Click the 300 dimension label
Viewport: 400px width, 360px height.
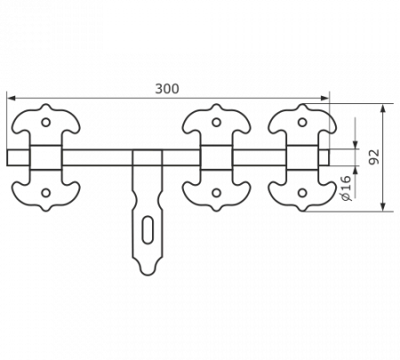(x=167, y=89)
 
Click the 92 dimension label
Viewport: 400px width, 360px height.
(x=374, y=156)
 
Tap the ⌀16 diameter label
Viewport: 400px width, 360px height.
(x=346, y=188)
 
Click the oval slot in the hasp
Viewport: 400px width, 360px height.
(x=148, y=230)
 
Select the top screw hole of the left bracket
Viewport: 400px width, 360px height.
(x=45, y=122)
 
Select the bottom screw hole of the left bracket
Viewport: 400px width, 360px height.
(x=45, y=193)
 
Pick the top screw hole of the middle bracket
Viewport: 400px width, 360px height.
(x=217, y=122)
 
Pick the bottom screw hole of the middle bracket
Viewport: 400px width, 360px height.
(x=217, y=193)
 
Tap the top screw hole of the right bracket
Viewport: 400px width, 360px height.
(x=302, y=122)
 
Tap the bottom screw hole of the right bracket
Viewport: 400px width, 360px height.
(x=302, y=193)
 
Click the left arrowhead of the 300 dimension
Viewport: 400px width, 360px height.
(x=11, y=98)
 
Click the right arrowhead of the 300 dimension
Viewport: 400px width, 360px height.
(x=324, y=98)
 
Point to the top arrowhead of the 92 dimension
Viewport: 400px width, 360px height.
(x=384, y=108)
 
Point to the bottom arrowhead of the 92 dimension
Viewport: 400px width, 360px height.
(x=384, y=207)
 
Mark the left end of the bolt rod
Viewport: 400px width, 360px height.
(x=7, y=157)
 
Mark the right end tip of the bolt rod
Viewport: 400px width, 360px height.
(x=329, y=157)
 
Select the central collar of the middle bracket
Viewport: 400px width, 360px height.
(x=217, y=157)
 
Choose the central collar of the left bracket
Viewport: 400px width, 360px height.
(x=45, y=157)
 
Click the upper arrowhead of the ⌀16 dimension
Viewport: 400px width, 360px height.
(x=356, y=145)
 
